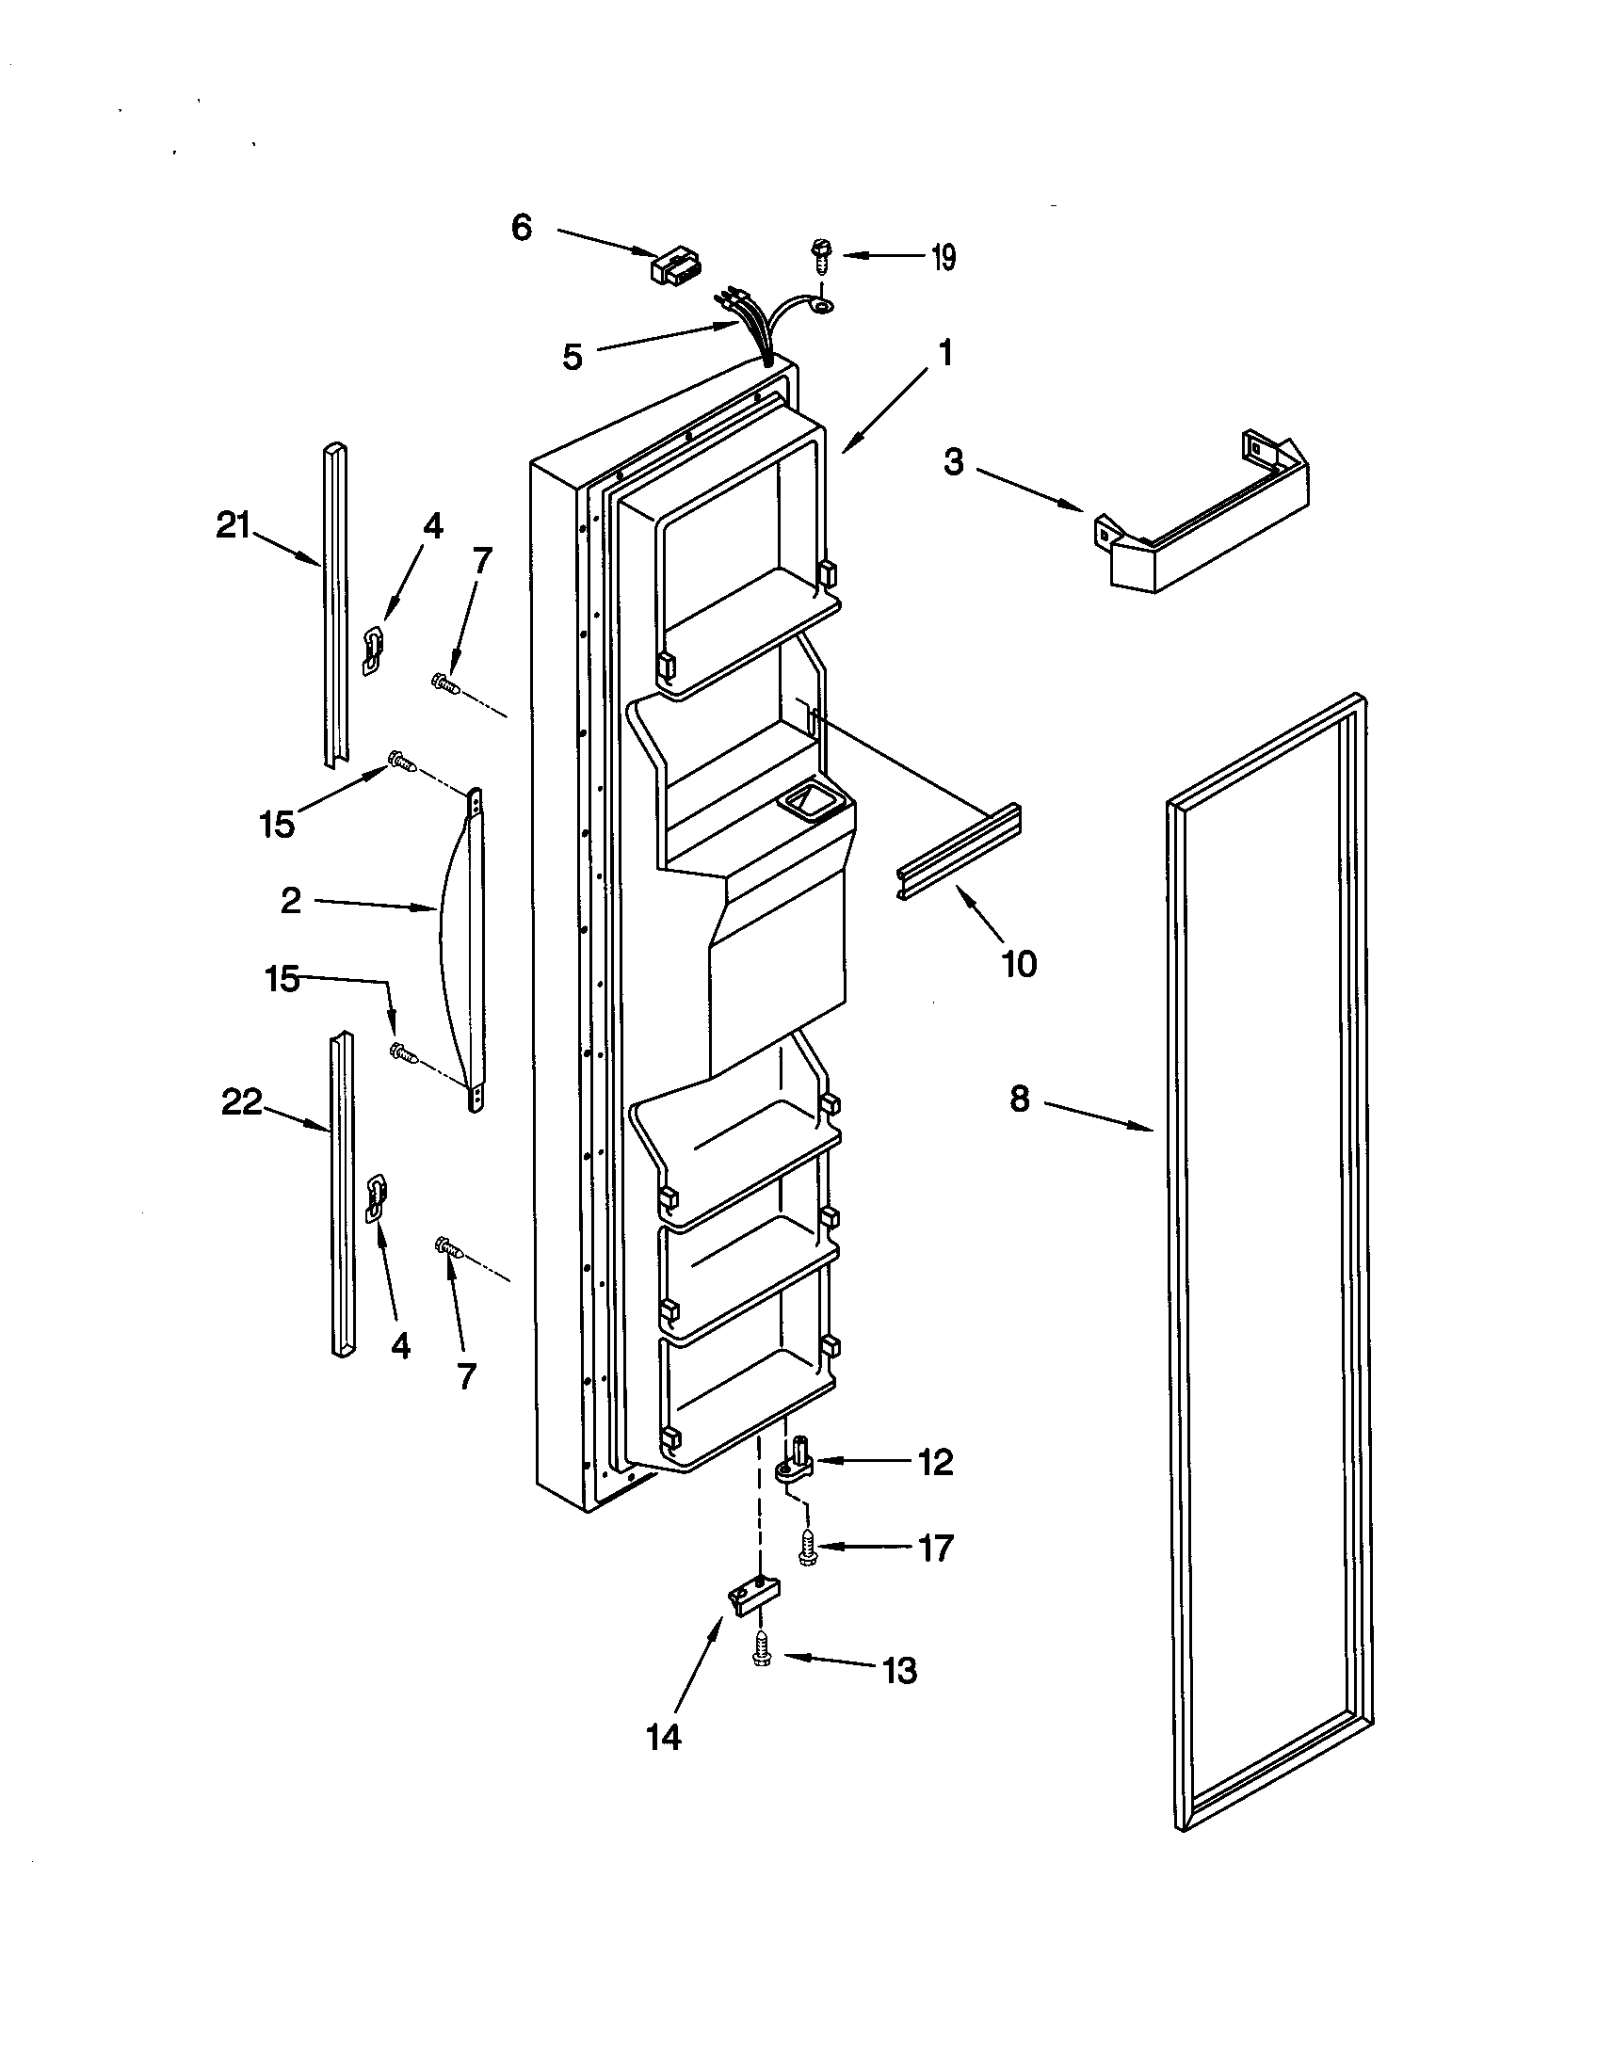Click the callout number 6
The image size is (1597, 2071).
tap(522, 228)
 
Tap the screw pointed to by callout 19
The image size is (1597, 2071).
tap(816, 254)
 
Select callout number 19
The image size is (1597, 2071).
tap(942, 257)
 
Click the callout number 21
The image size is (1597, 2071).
tap(234, 524)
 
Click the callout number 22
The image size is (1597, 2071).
tap(241, 1102)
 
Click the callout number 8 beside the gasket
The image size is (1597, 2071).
tap(1020, 1100)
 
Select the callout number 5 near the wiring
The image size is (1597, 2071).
tap(572, 358)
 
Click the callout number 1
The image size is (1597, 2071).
tap(944, 354)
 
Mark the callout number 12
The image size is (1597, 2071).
tap(934, 1463)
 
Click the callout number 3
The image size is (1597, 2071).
tap(953, 462)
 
